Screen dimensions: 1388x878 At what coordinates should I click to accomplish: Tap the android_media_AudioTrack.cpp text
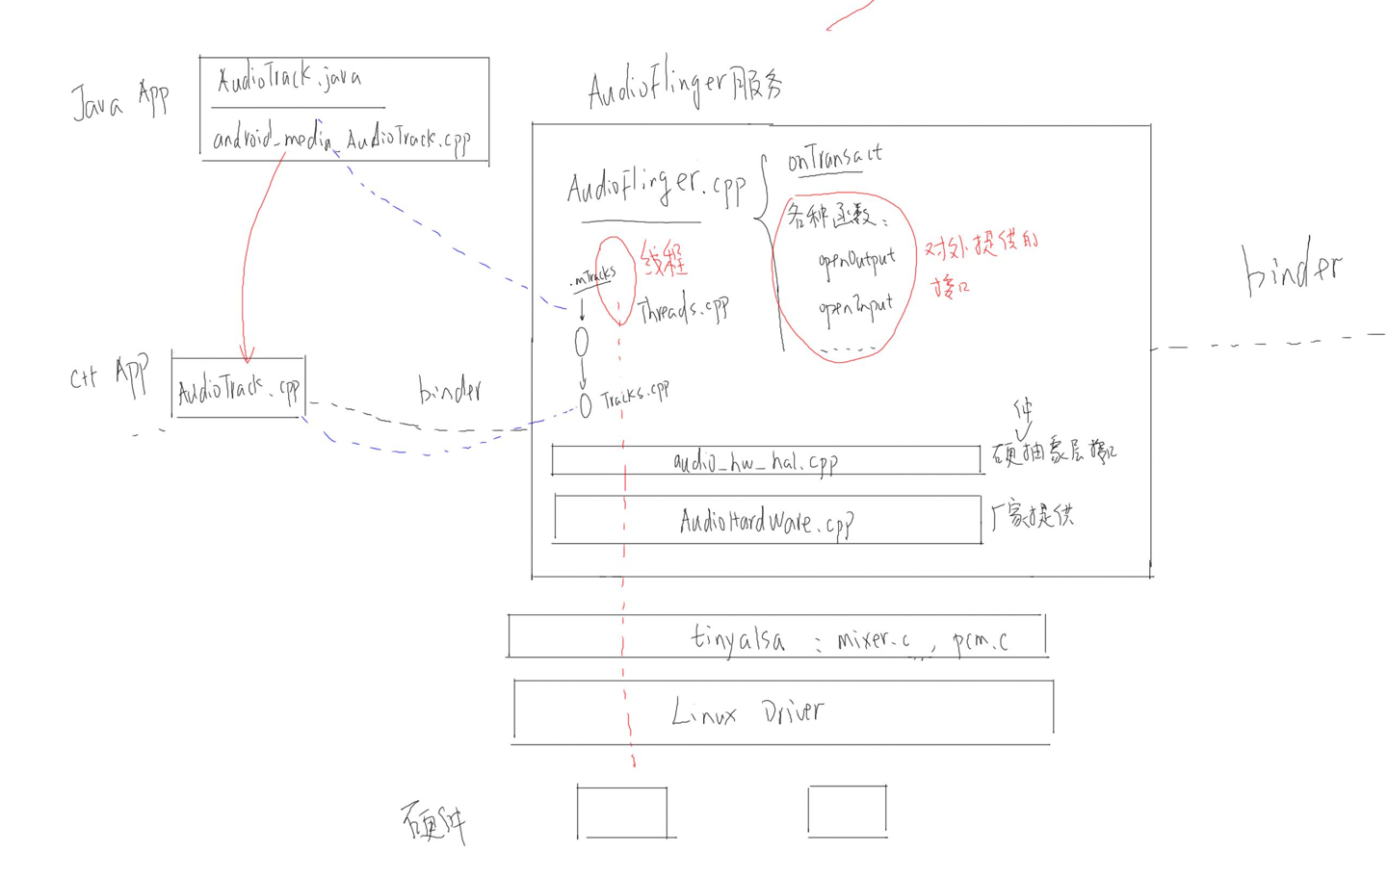(x=341, y=140)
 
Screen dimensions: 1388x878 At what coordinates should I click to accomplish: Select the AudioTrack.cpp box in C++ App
(x=238, y=388)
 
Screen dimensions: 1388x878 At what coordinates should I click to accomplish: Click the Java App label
(x=119, y=100)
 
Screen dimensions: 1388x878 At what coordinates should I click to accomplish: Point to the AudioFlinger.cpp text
(x=656, y=186)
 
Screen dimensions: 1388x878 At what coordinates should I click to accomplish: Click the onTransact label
(x=834, y=157)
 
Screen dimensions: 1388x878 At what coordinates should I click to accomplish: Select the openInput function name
(x=855, y=308)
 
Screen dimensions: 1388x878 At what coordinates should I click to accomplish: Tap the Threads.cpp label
(x=683, y=309)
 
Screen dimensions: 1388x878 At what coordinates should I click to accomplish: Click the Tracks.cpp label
(x=635, y=395)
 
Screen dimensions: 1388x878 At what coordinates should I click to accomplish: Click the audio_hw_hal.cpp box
(x=766, y=461)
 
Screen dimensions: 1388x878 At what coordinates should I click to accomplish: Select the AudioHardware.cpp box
(x=767, y=521)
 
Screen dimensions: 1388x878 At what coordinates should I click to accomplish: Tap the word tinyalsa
(x=738, y=638)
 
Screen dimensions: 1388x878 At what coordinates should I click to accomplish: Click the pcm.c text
(x=980, y=641)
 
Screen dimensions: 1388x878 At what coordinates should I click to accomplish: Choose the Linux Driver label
(x=747, y=712)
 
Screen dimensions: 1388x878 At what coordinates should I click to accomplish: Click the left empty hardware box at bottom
(x=622, y=813)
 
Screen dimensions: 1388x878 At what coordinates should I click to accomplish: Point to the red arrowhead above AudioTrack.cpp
(x=247, y=355)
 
